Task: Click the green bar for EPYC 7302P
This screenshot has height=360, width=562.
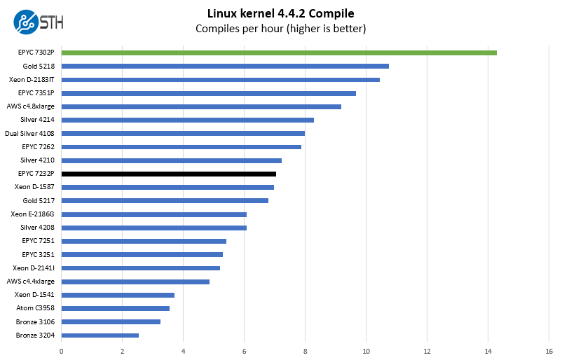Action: point(279,53)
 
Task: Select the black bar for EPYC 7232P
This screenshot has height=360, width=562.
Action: point(169,174)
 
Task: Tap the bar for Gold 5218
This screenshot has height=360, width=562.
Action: point(225,66)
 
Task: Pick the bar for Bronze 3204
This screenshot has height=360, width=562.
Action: point(100,335)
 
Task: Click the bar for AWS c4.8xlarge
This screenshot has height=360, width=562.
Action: point(201,106)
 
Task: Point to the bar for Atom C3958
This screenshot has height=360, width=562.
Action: point(116,308)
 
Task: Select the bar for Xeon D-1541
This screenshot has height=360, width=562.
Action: point(118,295)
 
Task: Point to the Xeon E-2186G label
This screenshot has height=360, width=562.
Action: point(33,214)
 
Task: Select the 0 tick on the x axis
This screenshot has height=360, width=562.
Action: point(62,351)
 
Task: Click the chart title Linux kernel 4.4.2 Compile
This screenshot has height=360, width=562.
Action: point(280,13)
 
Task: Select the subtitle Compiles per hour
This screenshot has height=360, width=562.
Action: point(280,29)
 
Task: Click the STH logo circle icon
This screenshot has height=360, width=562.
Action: point(26,22)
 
